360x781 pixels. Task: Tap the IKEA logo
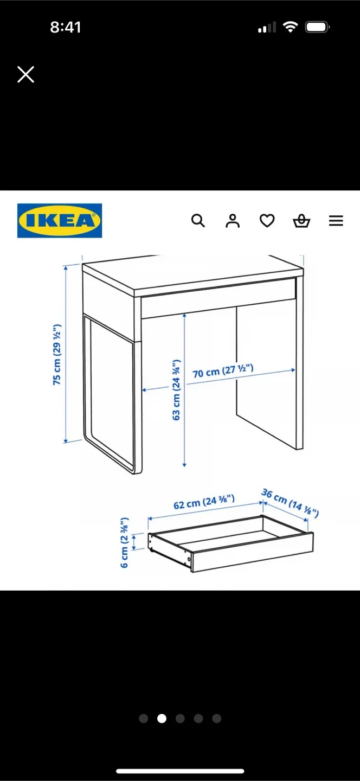coord(60,220)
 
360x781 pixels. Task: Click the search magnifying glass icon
coord(198,221)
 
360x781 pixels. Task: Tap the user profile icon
coord(233,221)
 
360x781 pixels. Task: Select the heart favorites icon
coord(267,221)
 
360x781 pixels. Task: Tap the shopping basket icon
coord(301,221)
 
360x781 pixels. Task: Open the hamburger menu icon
coord(336,221)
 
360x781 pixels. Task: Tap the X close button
coord(25,74)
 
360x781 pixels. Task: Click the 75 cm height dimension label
coord(57,355)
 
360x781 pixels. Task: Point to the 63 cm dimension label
coord(176,389)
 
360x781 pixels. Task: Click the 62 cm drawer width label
coord(204,502)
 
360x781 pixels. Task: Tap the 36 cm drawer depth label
coord(290,503)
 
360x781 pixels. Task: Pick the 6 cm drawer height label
coord(125,542)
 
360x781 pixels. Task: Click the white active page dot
coord(162,719)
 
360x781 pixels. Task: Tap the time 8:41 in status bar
coord(66,28)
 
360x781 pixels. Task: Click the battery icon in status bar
coord(317,27)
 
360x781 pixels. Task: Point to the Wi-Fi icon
coord(291,27)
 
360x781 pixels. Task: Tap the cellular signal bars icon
coord(267,27)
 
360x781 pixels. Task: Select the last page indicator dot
coord(217,719)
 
